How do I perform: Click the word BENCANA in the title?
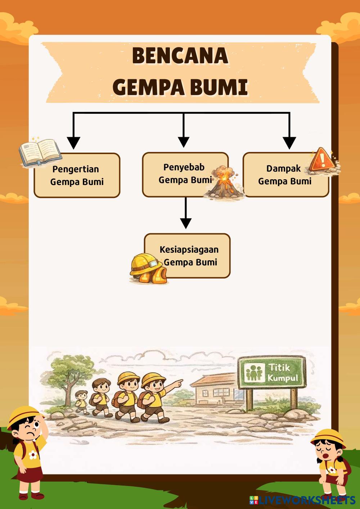(180, 56)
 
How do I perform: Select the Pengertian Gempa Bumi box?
(77, 176)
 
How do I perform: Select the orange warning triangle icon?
(323, 159)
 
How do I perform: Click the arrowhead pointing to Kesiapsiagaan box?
(185, 223)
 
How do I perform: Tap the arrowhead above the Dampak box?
(289, 143)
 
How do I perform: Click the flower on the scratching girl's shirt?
(33, 455)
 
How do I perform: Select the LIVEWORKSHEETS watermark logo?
(302, 500)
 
